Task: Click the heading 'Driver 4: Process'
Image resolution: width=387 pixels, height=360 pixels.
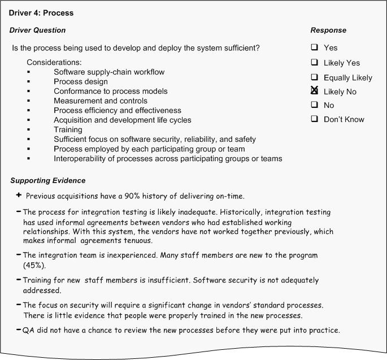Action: tap(41, 12)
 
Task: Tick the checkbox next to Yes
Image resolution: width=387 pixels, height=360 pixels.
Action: tap(314, 47)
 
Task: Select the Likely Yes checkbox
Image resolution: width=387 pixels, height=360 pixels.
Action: tap(314, 62)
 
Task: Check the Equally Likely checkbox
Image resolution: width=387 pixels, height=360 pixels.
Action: tap(314, 77)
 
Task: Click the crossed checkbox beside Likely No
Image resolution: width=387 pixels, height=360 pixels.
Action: tap(314, 90)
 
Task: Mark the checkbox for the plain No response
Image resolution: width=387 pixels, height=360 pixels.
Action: tap(314, 105)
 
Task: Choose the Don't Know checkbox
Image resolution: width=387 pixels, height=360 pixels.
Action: tap(314, 119)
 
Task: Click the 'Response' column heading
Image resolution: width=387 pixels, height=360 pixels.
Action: tap(328, 30)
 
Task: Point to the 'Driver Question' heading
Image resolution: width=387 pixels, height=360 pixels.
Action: tap(37, 30)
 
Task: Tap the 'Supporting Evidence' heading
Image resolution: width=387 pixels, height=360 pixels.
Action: tap(48, 180)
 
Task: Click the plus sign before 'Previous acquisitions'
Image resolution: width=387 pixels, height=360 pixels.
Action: tap(19, 196)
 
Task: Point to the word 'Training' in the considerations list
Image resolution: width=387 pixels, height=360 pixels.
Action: tap(68, 129)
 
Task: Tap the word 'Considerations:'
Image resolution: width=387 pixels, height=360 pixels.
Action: tap(54, 62)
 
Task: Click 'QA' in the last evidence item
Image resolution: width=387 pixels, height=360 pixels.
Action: tap(28, 330)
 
